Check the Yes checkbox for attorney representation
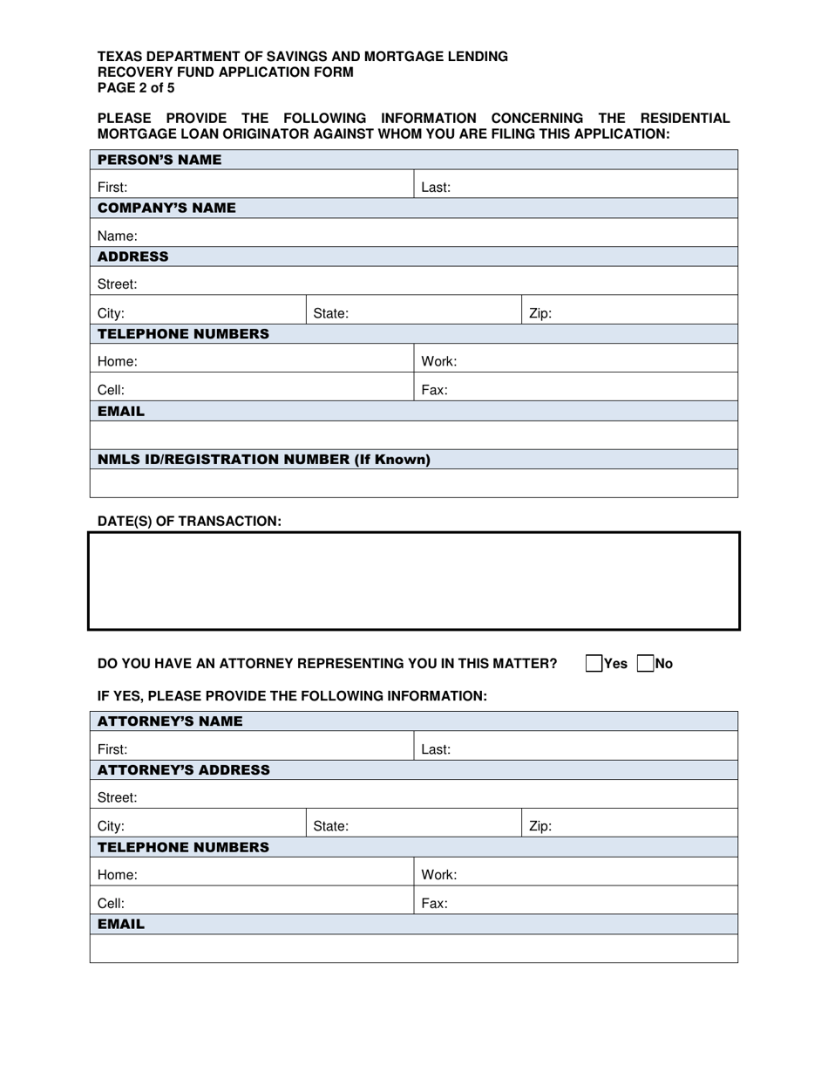[594, 663]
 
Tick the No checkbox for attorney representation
[646, 663]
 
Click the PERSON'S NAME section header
[159, 160]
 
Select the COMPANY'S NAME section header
[166, 208]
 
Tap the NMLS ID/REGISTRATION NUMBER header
[264, 460]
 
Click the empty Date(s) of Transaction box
[414, 581]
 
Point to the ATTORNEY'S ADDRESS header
[184, 770]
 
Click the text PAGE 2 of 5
[136, 88]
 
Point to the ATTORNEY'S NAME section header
[170, 721]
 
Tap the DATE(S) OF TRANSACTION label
[190, 521]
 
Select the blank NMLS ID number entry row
[414, 483]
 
